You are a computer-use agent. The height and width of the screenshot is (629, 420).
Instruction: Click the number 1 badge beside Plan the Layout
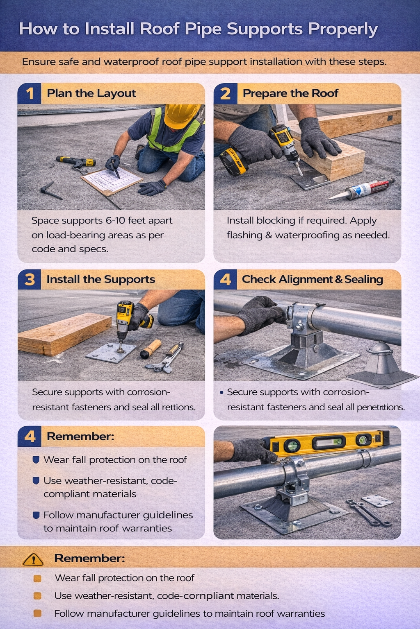30,93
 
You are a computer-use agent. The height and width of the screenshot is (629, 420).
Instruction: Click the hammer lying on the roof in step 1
50,191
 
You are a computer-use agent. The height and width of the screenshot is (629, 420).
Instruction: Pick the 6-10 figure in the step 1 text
115,220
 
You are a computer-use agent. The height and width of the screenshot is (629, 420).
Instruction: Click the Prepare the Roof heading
290,93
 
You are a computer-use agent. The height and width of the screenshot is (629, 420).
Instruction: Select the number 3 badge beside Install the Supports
30,280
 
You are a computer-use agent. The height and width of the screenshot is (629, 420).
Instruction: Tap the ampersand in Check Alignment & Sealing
339,280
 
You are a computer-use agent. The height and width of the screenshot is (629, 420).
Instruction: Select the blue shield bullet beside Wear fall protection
36,460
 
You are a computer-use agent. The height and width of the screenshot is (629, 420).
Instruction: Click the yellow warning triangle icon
33,559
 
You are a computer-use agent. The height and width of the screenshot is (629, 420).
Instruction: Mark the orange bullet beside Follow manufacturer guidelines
37,613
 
